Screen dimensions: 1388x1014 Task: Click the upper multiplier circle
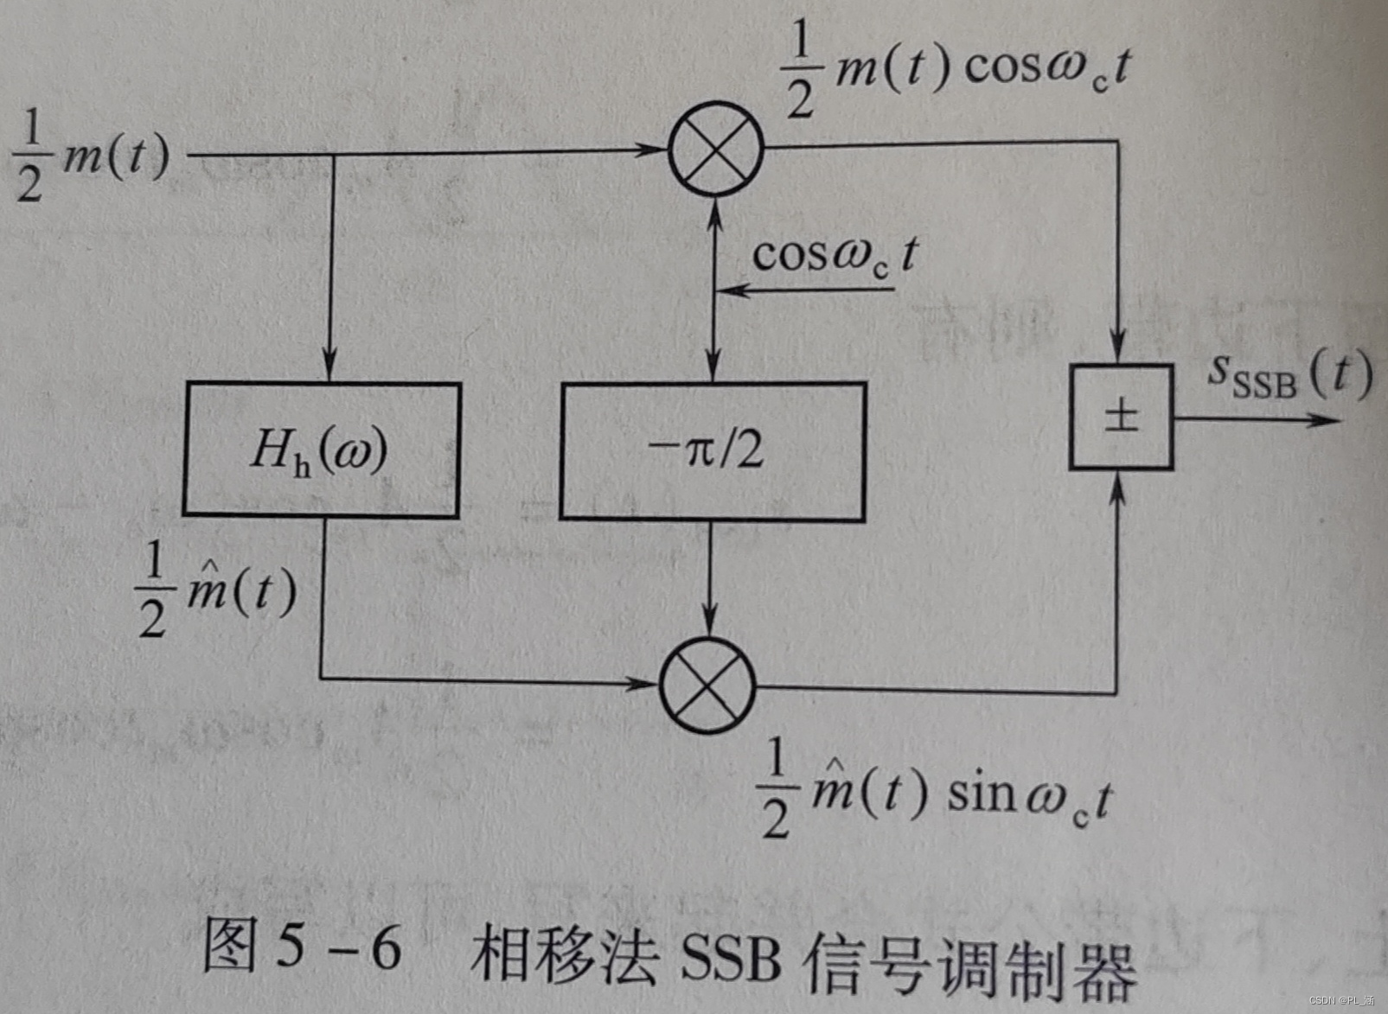point(716,149)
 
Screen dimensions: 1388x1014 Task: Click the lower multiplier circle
point(708,685)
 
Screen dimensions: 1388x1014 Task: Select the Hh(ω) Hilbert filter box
point(321,450)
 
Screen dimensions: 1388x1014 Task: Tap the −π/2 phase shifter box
point(713,450)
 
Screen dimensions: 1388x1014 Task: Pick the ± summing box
point(1121,418)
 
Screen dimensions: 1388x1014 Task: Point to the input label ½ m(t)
point(92,159)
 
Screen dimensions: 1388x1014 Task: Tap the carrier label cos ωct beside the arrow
point(834,256)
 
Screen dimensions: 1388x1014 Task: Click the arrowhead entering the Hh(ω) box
point(329,367)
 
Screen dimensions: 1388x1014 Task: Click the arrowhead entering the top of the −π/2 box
point(713,367)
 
